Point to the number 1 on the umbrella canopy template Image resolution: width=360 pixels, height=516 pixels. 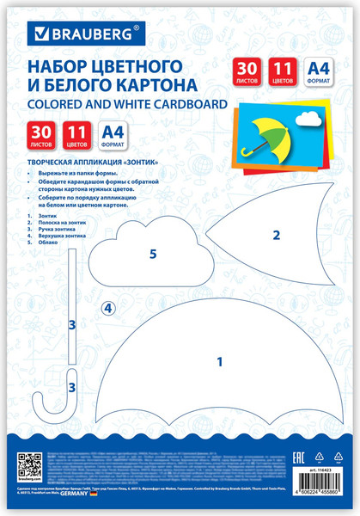219,362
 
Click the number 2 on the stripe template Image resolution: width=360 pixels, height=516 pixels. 276,235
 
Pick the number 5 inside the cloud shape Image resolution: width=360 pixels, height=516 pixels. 153,255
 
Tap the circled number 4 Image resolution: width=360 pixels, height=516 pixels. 108,308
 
